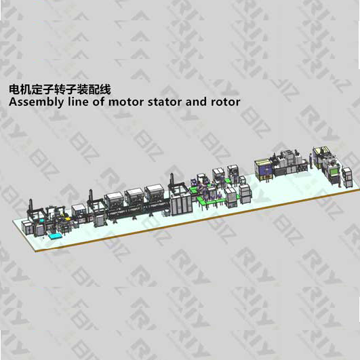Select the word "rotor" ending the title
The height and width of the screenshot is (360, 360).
tap(225, 102)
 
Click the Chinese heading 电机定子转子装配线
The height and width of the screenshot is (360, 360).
tap(60, 89)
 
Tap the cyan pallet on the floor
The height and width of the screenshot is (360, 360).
tap(56, 236)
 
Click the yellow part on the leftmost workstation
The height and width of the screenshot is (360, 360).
tap(68, 219)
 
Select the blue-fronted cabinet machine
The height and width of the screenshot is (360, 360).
tap(263, 169)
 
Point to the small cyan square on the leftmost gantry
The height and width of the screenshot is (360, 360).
tap(41, 220)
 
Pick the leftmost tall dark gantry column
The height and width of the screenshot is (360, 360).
tap(31, 207)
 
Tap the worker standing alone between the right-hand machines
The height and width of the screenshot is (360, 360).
tap(311, 161)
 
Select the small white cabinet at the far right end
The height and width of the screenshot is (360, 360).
tap(347, 178)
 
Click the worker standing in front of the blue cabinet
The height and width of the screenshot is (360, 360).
tap(267, 178)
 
